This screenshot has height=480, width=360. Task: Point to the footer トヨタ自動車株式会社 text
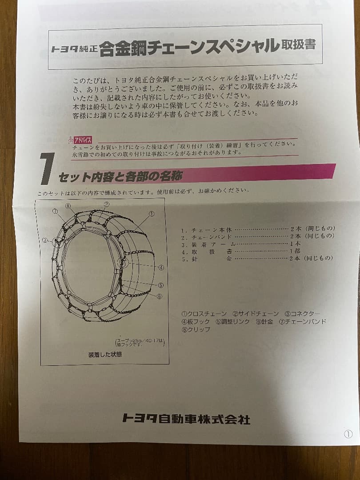[x=186, y=418]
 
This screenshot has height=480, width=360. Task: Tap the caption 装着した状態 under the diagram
[x=105, y=355]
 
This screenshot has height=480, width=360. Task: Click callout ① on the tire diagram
[x=151, y=214]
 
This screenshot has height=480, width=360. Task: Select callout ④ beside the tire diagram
[x=161, y=268]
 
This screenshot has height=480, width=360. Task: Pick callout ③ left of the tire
[x=45, y=240]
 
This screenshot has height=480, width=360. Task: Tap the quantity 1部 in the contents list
[x=295, y=251]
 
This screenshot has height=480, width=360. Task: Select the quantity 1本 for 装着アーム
[x=295, y=244]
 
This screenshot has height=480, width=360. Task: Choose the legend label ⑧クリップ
[x=196, y=329]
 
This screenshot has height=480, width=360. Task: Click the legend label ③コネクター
[x=302, y=314]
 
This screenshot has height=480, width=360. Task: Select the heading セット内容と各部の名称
[x=120, y=177]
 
